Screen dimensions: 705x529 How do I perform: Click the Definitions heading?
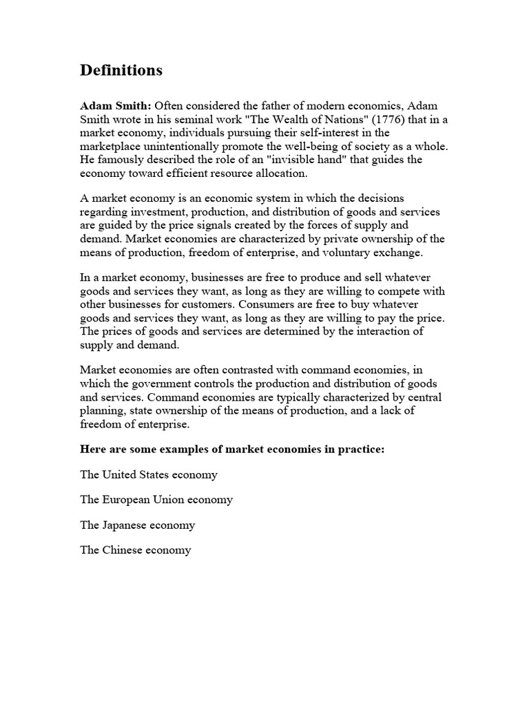pyautogui.click(x=121, y=70)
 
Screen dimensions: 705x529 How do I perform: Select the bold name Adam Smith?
pyautogui.click(x=116, y=106)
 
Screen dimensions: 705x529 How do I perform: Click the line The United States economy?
pyautogui.click(x=149, y=474)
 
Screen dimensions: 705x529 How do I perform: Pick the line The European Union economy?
pyautogui.click(x=156, y=500)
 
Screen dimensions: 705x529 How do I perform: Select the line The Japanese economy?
pyautogui.click(x=138, y=525)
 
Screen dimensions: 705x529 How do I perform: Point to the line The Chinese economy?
pyautogui.click(x=136, y=550)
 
